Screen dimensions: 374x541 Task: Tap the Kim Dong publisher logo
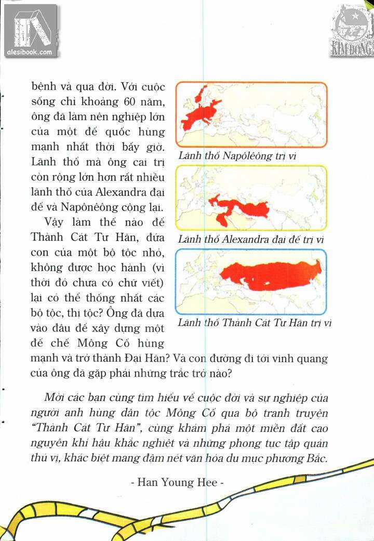click(x=352, y=30)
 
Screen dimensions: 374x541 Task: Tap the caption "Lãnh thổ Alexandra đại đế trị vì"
click(x=250, y=239)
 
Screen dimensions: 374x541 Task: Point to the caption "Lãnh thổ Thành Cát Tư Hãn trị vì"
click(x=255, y=323)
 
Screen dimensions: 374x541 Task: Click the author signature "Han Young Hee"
click(x=177, y=482)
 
